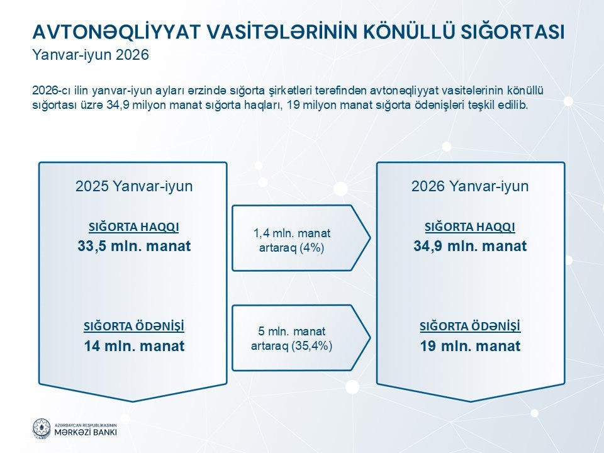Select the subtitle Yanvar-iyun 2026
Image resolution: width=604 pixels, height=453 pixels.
click(x=91, y=55)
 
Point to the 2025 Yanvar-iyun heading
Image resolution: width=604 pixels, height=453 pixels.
click(x=134, y=186)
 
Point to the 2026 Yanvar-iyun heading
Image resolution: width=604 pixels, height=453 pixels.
click(x=470, y=186)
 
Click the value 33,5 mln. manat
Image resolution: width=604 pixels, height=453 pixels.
click(x=134, y=246)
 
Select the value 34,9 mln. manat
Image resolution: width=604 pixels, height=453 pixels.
click(x=470, y=246)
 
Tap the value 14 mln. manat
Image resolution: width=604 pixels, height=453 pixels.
click(x=134, y=346)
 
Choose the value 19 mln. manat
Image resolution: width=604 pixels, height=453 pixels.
click(x=470, y=346)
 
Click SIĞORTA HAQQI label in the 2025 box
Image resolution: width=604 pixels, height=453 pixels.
click(x=133, y=227)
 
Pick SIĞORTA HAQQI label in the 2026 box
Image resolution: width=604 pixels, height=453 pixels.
click(x=470, y=227)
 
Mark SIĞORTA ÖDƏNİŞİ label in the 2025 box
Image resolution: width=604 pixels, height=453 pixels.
click(x=133, y=327)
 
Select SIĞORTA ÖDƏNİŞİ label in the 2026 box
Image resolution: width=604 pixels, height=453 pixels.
click(x=470, y=327)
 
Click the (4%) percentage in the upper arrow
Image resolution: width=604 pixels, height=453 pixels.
click(x=311, y=248)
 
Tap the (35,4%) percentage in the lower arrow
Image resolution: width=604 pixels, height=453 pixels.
click(x=312, y=346)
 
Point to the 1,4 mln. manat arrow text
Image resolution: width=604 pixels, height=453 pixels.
click(x=292, y=233)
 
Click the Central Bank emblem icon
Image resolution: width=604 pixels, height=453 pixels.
click(x=42, y=428)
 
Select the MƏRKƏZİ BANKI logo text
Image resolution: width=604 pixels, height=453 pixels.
click(x=85, y=432)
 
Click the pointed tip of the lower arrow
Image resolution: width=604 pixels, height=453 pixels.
click(x=370, y=338)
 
